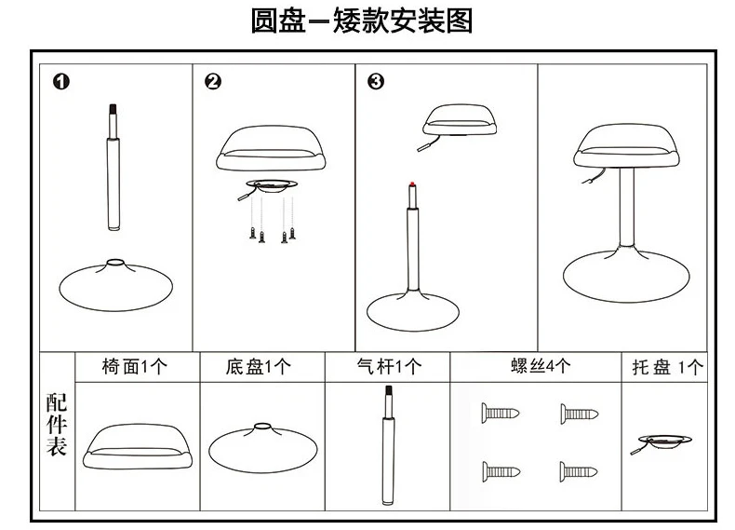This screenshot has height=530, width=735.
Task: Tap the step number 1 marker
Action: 60,82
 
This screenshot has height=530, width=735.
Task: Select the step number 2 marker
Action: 213,82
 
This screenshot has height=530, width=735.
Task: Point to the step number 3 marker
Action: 376,82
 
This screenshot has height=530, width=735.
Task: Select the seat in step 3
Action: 457,119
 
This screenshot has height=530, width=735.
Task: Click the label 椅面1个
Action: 135,367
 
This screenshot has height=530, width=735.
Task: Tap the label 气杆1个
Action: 389,367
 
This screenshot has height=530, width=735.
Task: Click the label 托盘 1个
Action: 662,367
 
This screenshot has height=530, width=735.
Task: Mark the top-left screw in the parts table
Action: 501,413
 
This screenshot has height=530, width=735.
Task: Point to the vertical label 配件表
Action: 56,424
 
